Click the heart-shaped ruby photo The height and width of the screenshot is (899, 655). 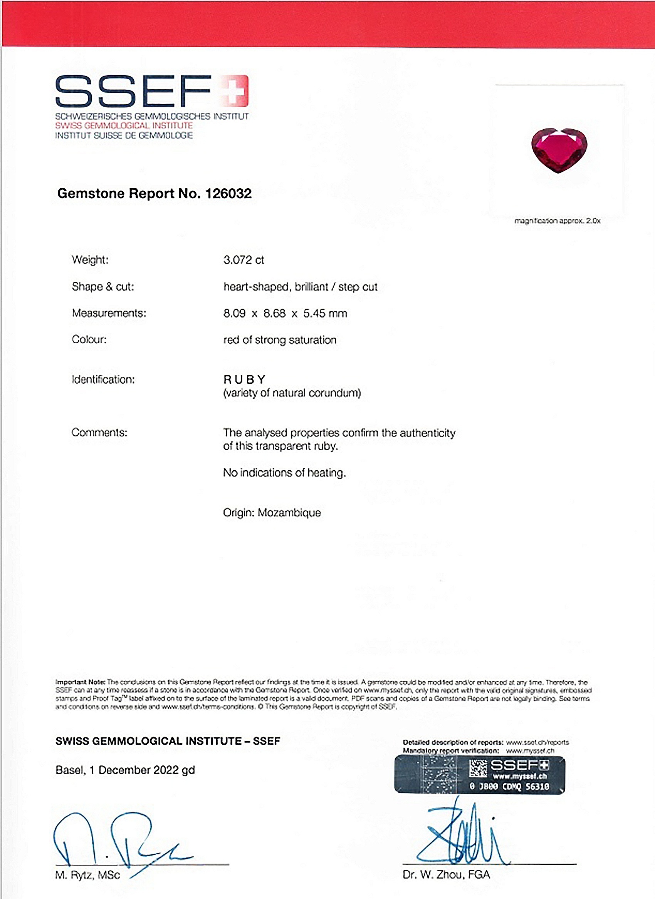(x=559, y=150)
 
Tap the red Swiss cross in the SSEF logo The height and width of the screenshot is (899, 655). (x=235, y=91)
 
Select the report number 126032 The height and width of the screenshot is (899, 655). (x=228, y=194)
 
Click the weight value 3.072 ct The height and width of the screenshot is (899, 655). (x=243, y=260)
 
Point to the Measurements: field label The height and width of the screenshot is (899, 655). (x=109, y=313)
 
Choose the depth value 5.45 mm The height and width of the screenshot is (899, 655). (x=324, y=314)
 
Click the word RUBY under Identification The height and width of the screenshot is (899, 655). (x=244, y=379)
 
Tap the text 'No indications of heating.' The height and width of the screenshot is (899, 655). (x=284, y=473)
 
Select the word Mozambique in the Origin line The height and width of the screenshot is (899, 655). (x=289, y=513)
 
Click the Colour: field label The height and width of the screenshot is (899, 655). (x=89, y=339)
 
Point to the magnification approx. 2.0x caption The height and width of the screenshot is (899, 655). (x=557, y=221)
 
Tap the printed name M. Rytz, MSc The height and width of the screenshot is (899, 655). (x=87, y=875)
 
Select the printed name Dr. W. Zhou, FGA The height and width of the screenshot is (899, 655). (x=446, y=874)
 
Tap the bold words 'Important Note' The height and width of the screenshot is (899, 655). (x=80, y=682)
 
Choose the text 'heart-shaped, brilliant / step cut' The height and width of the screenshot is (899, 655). (x=300, y=287)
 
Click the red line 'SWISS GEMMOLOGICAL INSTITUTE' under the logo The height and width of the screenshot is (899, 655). (x=124, y=126)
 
